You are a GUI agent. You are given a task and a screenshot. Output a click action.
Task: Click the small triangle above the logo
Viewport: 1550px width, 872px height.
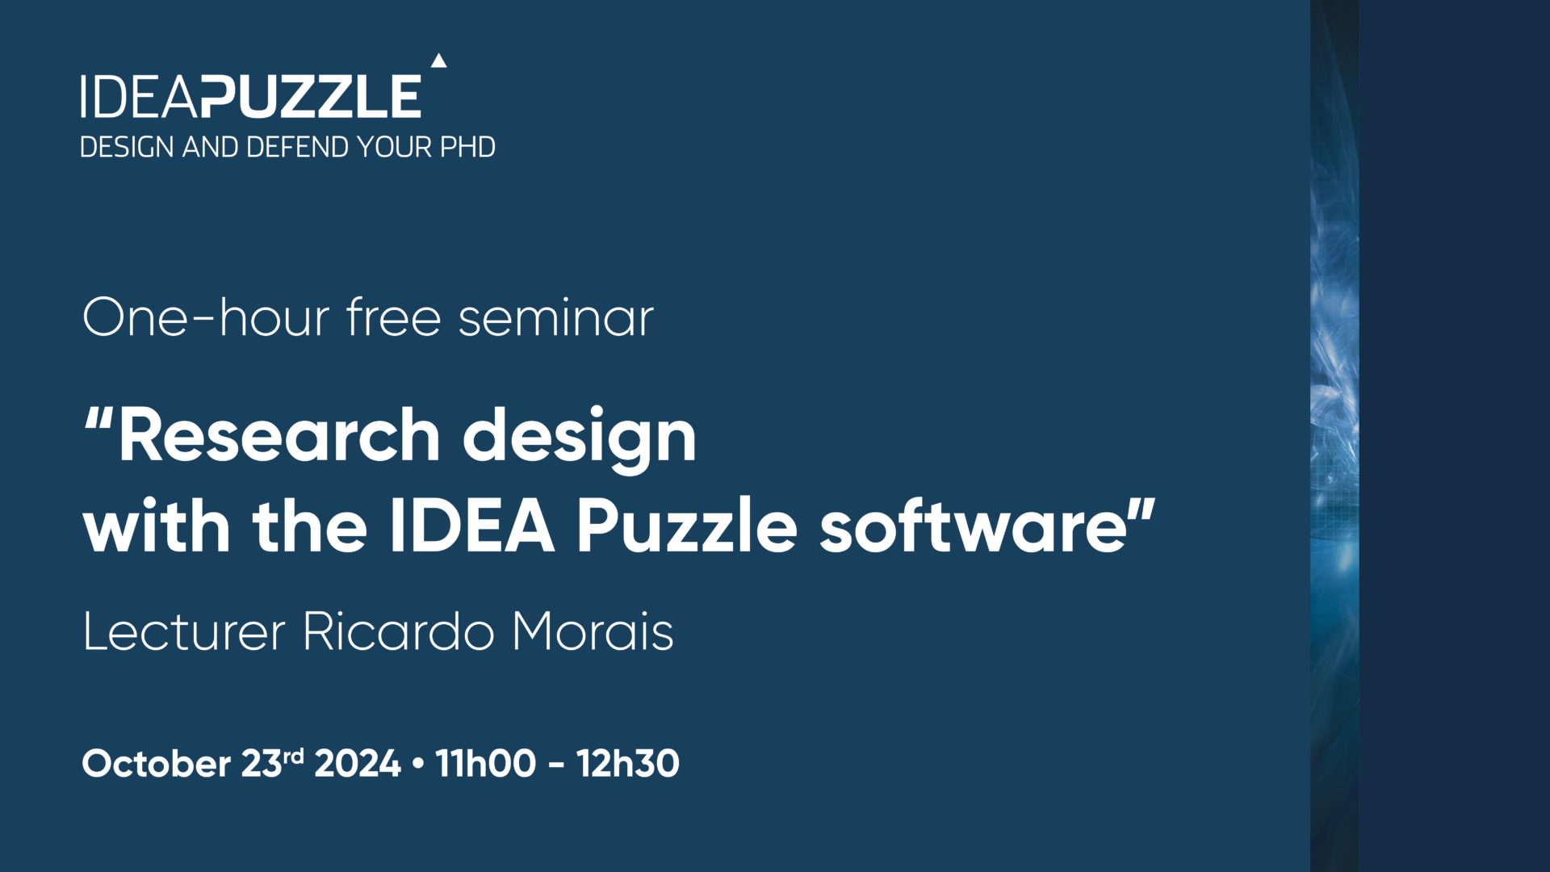coord(438,61)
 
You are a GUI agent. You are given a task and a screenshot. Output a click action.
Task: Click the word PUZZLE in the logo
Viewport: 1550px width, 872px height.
coord(311,96)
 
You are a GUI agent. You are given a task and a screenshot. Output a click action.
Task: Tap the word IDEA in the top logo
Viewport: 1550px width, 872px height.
coord(139,96)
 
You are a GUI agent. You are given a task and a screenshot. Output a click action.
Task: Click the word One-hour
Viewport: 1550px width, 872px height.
coord(206,317)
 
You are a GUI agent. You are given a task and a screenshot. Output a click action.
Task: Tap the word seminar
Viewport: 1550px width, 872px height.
coord(556,317)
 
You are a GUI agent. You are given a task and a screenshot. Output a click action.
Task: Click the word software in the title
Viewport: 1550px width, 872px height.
coord(974,526)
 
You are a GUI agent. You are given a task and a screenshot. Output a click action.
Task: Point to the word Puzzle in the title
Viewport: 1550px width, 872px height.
coord(687,526)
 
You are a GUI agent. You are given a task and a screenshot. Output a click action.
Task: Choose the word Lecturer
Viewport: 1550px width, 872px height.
coord(184,631)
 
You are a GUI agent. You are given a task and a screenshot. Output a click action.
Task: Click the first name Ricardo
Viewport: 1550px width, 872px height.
coord(398,631)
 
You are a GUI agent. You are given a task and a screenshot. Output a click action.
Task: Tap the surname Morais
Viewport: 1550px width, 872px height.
coord(593,631)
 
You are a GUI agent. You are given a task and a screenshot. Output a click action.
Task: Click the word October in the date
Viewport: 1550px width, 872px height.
coord(157,764)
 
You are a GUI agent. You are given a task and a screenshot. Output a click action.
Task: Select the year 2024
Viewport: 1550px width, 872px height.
coord(358,764)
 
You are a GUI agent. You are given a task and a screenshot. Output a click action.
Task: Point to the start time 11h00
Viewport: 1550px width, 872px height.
coord(485,764)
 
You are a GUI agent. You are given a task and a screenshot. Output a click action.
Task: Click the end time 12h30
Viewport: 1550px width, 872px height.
coord(628,764)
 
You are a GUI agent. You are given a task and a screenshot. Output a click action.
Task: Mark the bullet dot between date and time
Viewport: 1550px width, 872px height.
coord(417,764)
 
